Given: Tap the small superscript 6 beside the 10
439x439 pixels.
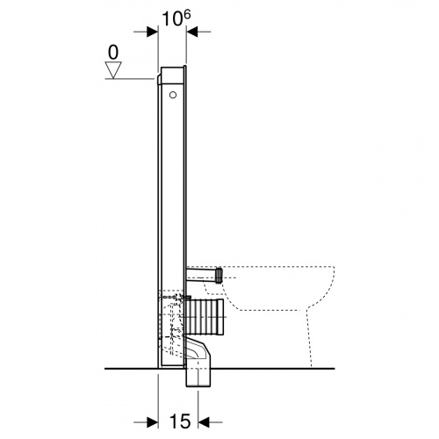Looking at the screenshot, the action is point(187,15).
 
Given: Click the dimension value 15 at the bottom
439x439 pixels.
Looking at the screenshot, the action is point(180,421).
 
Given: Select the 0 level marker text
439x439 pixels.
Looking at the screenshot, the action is point(113,53).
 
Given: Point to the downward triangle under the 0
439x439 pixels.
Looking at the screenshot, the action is point(113,69).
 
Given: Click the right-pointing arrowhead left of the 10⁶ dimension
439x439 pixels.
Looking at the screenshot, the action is point(153,32).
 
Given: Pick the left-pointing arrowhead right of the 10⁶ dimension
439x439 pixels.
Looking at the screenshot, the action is point(192,32).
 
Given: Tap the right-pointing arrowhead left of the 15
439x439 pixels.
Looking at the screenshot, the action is point(153,422).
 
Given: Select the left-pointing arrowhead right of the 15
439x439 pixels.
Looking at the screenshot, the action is point(204,422).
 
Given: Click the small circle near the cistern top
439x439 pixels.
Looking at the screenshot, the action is point(173,95).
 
